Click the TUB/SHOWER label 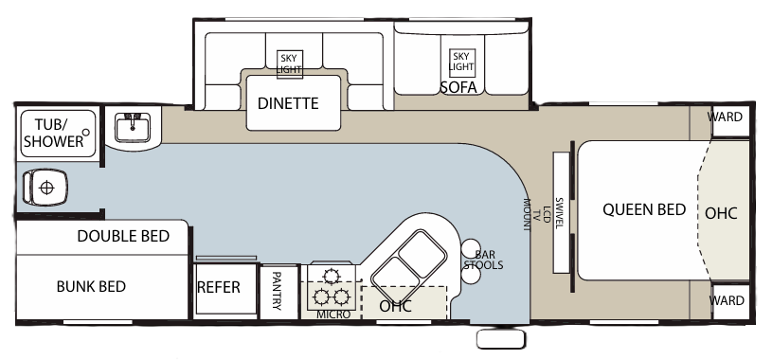pyautogui.click(x=47, y=133)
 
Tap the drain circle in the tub pyautogui.click(x=86, y=131)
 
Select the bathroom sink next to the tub pyautogui.click(x=132, y=127)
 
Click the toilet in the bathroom pyautogui.click(x=45, y=187)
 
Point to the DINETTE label pyautogui.click(x=288, y=104)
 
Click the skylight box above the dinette pyautogui.click(x=289, y=63)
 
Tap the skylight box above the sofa pyautogui.click(x=460, y=62)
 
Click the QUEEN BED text pyautogui.click(x=644, y=209)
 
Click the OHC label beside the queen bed pyautogui.click(x=721, y=212)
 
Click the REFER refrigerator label pyautogui.click(x=218, y=287)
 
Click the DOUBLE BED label pyautogui.click(x=123, y=236)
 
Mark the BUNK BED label pyautogui.click(x=91, y=286)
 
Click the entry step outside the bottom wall pyautogui.click(x=500, y=338)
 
